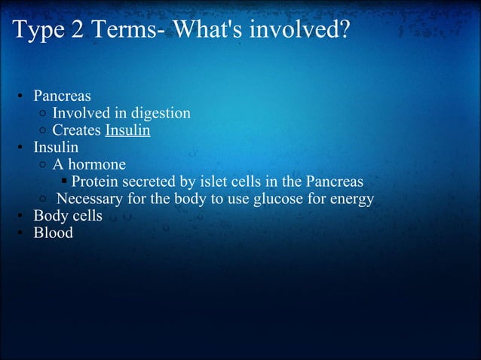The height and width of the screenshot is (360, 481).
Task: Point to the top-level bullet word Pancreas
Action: pos(62,97)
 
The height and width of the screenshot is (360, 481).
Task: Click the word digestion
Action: pos(161,114)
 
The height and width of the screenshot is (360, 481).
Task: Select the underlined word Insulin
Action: pos(127,131)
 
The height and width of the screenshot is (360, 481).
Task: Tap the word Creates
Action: pos(77,131)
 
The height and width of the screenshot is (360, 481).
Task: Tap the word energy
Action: pos(352,200)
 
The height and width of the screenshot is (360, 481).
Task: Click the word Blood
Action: pos(53,233)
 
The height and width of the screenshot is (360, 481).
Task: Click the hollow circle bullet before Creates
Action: pos(44,131)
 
